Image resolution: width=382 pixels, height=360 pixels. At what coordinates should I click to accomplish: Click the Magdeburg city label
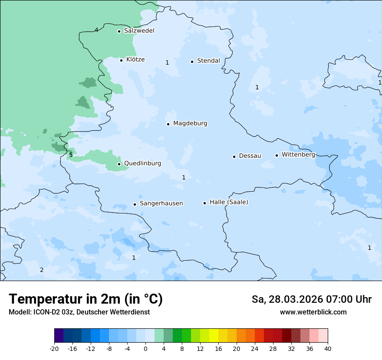click(x=190, y=124)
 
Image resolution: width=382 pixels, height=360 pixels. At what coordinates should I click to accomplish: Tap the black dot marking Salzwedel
click(x=119, y=31)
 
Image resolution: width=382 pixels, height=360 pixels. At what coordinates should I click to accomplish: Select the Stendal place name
click(x=208, y=61)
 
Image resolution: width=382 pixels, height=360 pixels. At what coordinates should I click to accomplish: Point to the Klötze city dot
click(x=122, y=60)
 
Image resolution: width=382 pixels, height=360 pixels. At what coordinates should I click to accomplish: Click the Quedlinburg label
click(x=142, y=164)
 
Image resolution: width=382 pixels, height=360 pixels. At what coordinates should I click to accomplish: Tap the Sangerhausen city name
click(x=161, y=203)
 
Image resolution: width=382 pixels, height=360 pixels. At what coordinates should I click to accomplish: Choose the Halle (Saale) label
click(x=229, y=202)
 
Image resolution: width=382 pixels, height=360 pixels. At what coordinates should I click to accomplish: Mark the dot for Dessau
click(x=234, y=157)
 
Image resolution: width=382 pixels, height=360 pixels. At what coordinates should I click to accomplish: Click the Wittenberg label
click(x=298, y=155)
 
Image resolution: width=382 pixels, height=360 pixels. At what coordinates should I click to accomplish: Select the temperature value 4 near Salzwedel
click(x=96, y=30)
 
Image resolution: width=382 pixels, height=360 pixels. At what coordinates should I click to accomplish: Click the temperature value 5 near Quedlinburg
click(x=71, y=155)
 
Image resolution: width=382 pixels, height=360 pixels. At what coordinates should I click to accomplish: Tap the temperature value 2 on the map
click(x=42, y=270)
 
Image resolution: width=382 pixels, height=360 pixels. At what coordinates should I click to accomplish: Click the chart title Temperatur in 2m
click(x=86, y=299)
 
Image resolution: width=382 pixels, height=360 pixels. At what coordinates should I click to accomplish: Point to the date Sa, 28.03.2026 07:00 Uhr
click(x=311, y=300)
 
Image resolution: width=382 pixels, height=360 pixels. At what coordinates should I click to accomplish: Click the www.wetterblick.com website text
click(x=313, y=312)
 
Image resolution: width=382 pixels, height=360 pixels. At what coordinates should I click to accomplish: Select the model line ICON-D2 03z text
click(x=79, y=312)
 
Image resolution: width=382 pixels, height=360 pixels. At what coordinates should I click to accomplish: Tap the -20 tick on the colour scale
click(x=54, y=348)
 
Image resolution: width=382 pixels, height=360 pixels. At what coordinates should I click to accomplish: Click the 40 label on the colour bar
click(x=327, y=348)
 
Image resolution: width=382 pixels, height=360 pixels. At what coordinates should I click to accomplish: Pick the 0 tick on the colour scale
click(x=145, y=348)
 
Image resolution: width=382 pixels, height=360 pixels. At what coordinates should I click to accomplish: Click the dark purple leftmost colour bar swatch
click(x=59, y=336)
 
